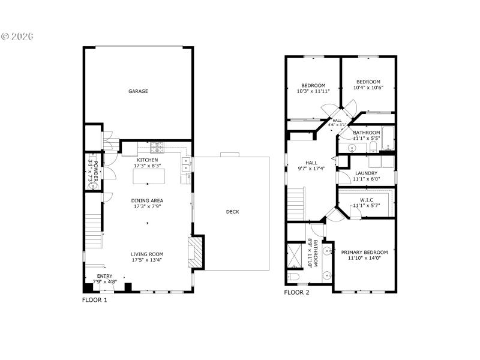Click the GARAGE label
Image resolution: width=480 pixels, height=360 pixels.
pyautogui.click(x=138, y=91)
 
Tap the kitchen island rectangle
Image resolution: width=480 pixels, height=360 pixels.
pyautogui.click(x=148, y=177)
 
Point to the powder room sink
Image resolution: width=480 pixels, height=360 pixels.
pyautogui.click(x=92, y=186)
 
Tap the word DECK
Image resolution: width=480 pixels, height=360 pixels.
pyautogui.click(x=232, y=211)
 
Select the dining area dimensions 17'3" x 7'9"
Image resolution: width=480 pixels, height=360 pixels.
pyautogui.click(x=148, y=206)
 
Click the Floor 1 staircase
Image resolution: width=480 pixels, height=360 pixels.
pyautogui.click(x=92, y=231)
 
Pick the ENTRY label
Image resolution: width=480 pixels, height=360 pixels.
pyautogui.click(x=105, y=276)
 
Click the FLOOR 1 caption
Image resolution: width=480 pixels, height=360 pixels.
pyautogui.click(x=94, y=299)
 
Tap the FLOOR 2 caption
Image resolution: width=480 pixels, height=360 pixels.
pyautogui.click(x=296, y=293)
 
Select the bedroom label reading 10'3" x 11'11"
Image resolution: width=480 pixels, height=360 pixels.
pyautogui.click(x=313, y=91)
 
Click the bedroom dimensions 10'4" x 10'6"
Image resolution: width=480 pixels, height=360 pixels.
pyautogui.click(x=368, y=88)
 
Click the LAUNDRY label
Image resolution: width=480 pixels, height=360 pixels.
pyautogui.click(x=366, y=173)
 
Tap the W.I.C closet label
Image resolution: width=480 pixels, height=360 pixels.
pyautogui.click(x=367, y=200)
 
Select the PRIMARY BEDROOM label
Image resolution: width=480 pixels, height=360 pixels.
pyautogui.click(x=364, y=252)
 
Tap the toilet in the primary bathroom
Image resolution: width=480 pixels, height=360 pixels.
pyautogui.click(x=293, y=276)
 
